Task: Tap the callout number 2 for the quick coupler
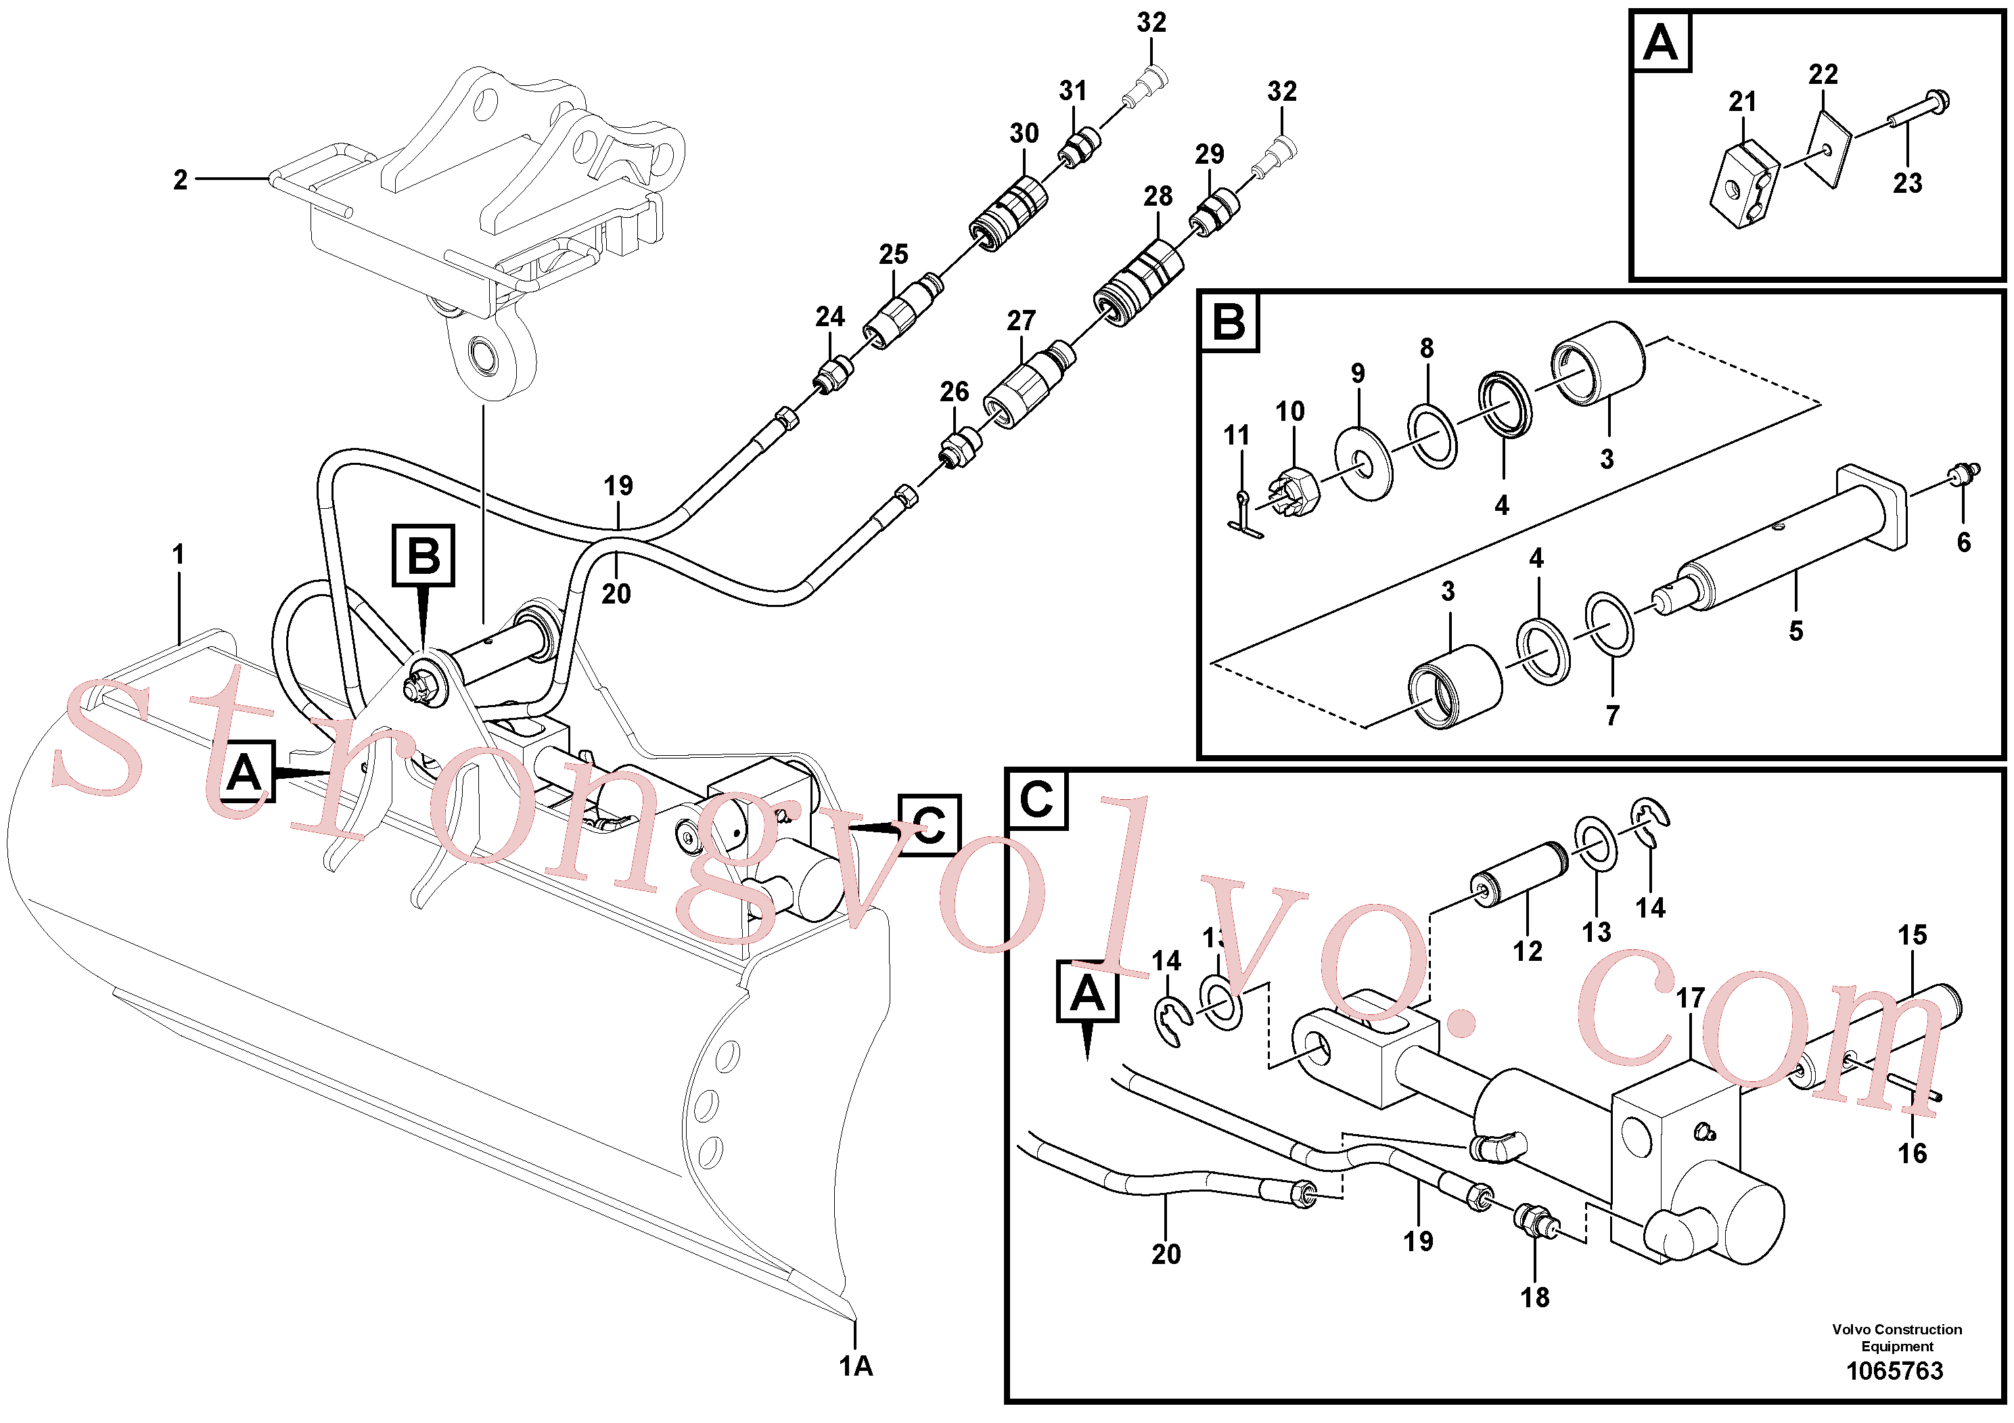[180, 180]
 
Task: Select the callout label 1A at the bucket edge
[855, 1366]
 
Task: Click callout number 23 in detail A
[1907, 183]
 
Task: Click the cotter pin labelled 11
[1244, 517]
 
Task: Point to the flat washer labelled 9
[1363, 461]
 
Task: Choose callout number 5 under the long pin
[1795, 631]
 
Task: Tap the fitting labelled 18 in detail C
[1536, 1221]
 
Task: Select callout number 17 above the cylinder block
[1691, 998]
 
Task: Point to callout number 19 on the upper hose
[618, 485]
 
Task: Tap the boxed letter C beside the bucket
[929, 825]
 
